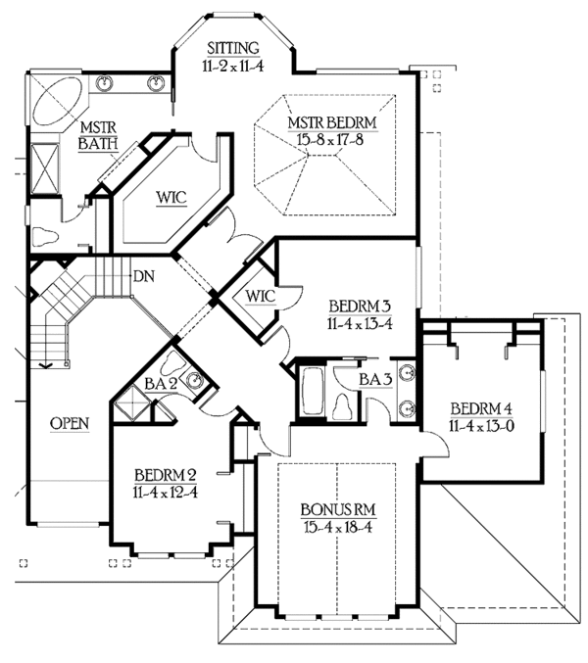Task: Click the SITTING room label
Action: coord(233,48)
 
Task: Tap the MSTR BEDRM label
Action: coord(332,123)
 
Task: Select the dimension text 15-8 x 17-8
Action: coord(330,139)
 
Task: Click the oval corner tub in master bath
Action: coord(58,101)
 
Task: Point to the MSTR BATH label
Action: coord(98,135)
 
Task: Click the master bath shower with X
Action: coord(45,168)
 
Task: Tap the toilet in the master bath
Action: coord(44,236)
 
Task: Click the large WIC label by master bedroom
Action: coord(171,198)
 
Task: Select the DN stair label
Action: coord(144,276)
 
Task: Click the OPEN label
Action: coord(70,423)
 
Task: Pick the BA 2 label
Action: coord(161,384)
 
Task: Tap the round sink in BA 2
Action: coord(195,379)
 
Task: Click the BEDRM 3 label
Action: coord(360,306)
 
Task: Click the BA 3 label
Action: coord(375,380)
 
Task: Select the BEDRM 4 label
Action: coord(481,409)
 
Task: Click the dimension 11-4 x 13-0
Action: coord(481,426)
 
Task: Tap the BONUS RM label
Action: coord(338,510)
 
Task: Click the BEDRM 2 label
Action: coord(166,475)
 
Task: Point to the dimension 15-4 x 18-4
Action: coord(337,527)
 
